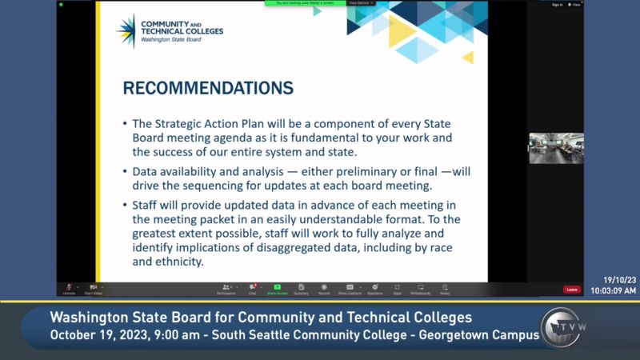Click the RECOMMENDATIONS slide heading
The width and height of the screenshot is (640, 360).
click(208, 87)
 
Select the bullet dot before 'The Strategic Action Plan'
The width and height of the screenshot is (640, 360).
click(125, 124)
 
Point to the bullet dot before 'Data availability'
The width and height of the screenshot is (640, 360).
click(125, 171)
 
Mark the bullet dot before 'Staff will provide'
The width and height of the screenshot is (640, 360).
click(125, 205)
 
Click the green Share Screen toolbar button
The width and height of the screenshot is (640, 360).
click(277, 289)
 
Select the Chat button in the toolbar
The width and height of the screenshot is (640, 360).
click(252, 289)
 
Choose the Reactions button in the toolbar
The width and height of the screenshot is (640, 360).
click(374, 289)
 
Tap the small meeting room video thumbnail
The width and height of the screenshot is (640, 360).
click(556, 148)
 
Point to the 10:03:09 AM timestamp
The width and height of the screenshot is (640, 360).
click(614, 291)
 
